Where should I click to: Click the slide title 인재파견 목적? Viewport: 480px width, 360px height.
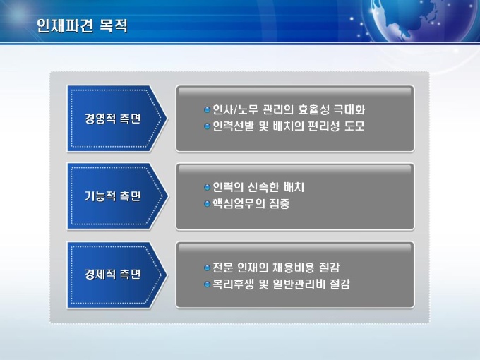(82, 25)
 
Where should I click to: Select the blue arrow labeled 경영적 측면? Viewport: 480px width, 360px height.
(117, 119)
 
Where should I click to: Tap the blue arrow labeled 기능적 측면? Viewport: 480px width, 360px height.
(117, 196)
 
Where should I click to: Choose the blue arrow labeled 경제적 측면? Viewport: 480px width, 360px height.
(117, 275)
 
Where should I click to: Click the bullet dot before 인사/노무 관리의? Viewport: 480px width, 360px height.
(208, 109)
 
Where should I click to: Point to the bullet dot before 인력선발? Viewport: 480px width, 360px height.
(208, 126)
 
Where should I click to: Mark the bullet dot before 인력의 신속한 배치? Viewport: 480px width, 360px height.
(208, 187)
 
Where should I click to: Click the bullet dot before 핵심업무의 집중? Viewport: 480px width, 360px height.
(208, 203)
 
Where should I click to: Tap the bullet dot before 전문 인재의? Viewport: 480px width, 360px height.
(208, 268)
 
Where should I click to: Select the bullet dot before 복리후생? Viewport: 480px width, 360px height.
(208, 284)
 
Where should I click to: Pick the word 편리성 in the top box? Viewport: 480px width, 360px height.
(323, 126)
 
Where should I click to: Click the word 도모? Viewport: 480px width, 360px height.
(354, 126)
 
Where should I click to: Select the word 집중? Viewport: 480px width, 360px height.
(280, 203)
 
